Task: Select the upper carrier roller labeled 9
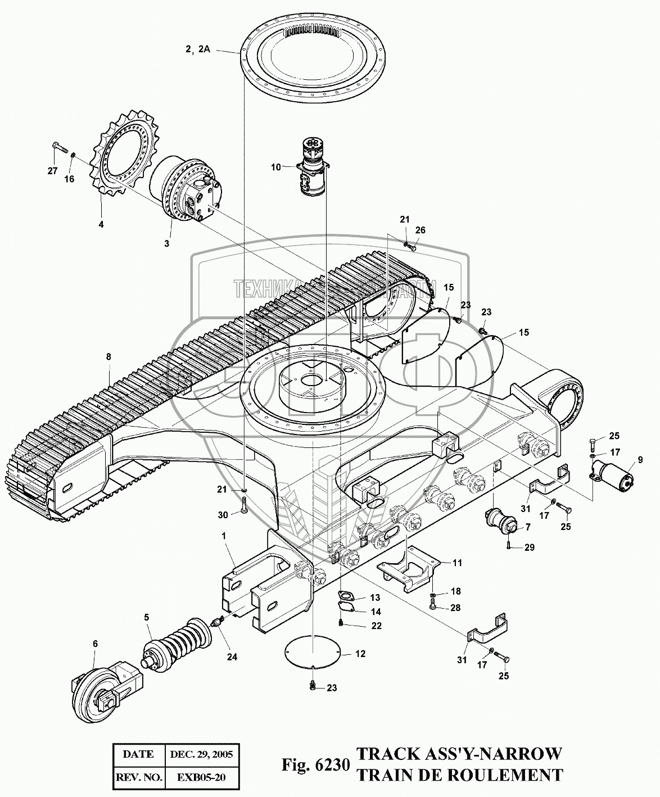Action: coord(614,472)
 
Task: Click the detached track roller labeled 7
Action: coord(502,520)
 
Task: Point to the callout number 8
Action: coord(109,356)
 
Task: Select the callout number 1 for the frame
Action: coord(224,536)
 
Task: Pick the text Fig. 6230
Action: coord(317,765)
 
